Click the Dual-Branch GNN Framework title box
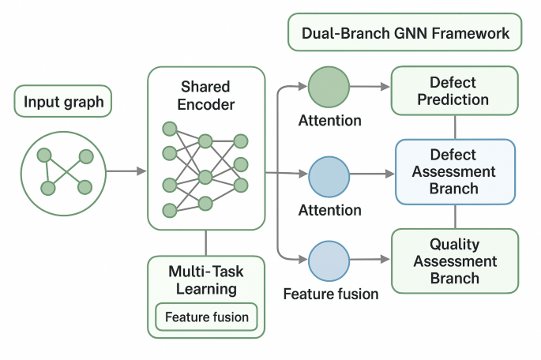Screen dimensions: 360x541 [x=404, y=34]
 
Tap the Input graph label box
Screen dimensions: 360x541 [x=63, y=102]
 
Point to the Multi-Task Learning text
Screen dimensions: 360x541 [x=206, y=280]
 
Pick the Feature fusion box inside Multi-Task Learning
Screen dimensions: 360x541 [x=206, y=317]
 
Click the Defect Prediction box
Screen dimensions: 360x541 [x=454, y=91]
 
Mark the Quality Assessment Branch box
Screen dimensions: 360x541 [x=454, y=261]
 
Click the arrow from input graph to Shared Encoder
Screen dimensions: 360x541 [x=126, y=171]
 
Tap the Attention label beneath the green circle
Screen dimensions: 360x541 [x=330, y=121]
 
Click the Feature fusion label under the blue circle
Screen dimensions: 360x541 [x=331, y=294]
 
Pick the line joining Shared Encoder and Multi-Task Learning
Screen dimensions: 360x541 [x=206, y=242]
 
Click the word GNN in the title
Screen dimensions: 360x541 [x=408, y=34]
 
